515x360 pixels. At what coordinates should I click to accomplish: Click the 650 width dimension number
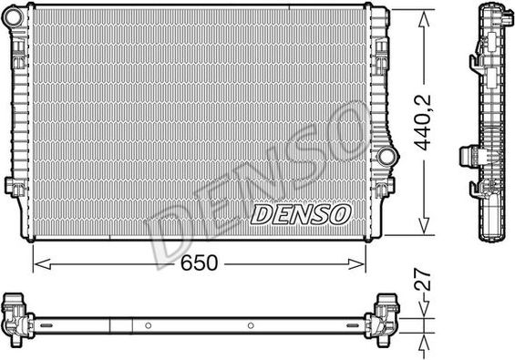(198, 263)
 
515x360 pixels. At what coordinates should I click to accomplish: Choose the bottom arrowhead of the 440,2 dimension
(424, 231)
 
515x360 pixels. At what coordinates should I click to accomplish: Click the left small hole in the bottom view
(147, 326)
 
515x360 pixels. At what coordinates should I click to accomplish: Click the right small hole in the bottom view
(250, 326)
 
